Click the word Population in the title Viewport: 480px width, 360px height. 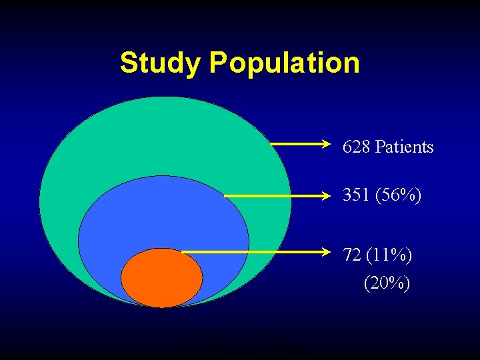(x=284, y=63)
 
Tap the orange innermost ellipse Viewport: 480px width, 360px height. (x=162, y=277)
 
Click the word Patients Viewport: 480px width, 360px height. (x=404, y=147)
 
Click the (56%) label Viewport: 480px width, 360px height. (x=398, y=195)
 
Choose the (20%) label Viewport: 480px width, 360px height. (x=387, y=283)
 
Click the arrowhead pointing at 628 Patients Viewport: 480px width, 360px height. (x=327, y=143)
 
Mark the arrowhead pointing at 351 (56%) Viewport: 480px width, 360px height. (x=327, y=196)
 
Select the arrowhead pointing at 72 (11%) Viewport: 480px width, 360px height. (x=327, y=252)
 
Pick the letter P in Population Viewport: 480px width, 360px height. (x=218, y=63)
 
